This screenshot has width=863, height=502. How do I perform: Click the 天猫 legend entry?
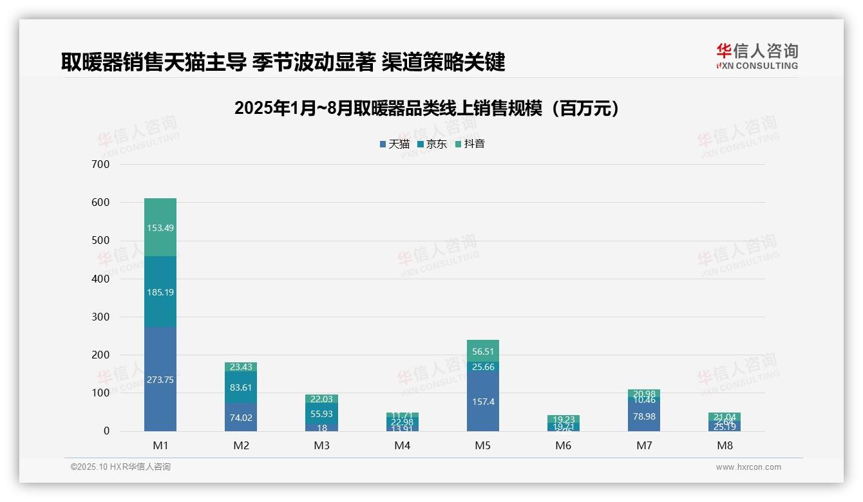[x=395, y=144]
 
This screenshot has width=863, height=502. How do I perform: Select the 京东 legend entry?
[x=432, y=144]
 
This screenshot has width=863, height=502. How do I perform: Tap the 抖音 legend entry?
[x=470, y=144]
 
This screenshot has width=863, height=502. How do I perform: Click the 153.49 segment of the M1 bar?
[x=160, y=227]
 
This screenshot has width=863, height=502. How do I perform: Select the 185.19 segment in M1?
[x=160, y=292]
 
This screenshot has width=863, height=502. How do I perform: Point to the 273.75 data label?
[x=160, y=380]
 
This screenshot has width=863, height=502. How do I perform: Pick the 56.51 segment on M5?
[x=483, y=351]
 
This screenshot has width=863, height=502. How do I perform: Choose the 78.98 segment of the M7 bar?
[x=644, y=416]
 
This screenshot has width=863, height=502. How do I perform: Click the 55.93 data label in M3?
[x=321, y=414]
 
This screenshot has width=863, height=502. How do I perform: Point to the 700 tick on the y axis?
[x=101, y=164]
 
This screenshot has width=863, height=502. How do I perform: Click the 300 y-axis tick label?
[x=101, y=317]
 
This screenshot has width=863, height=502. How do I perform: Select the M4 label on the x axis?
[x=402, y=445]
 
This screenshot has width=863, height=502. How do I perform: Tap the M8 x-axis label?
[x=725, y=445]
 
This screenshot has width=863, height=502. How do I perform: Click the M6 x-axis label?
[x=564, y=445]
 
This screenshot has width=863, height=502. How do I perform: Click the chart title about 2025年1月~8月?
[x=427, y=108]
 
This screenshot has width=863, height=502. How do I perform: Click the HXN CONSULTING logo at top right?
[x=757, y=56]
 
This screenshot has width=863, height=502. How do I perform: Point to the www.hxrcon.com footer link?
[x=748, y=467]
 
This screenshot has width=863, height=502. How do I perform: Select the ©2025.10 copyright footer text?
[x=120, y=467]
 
